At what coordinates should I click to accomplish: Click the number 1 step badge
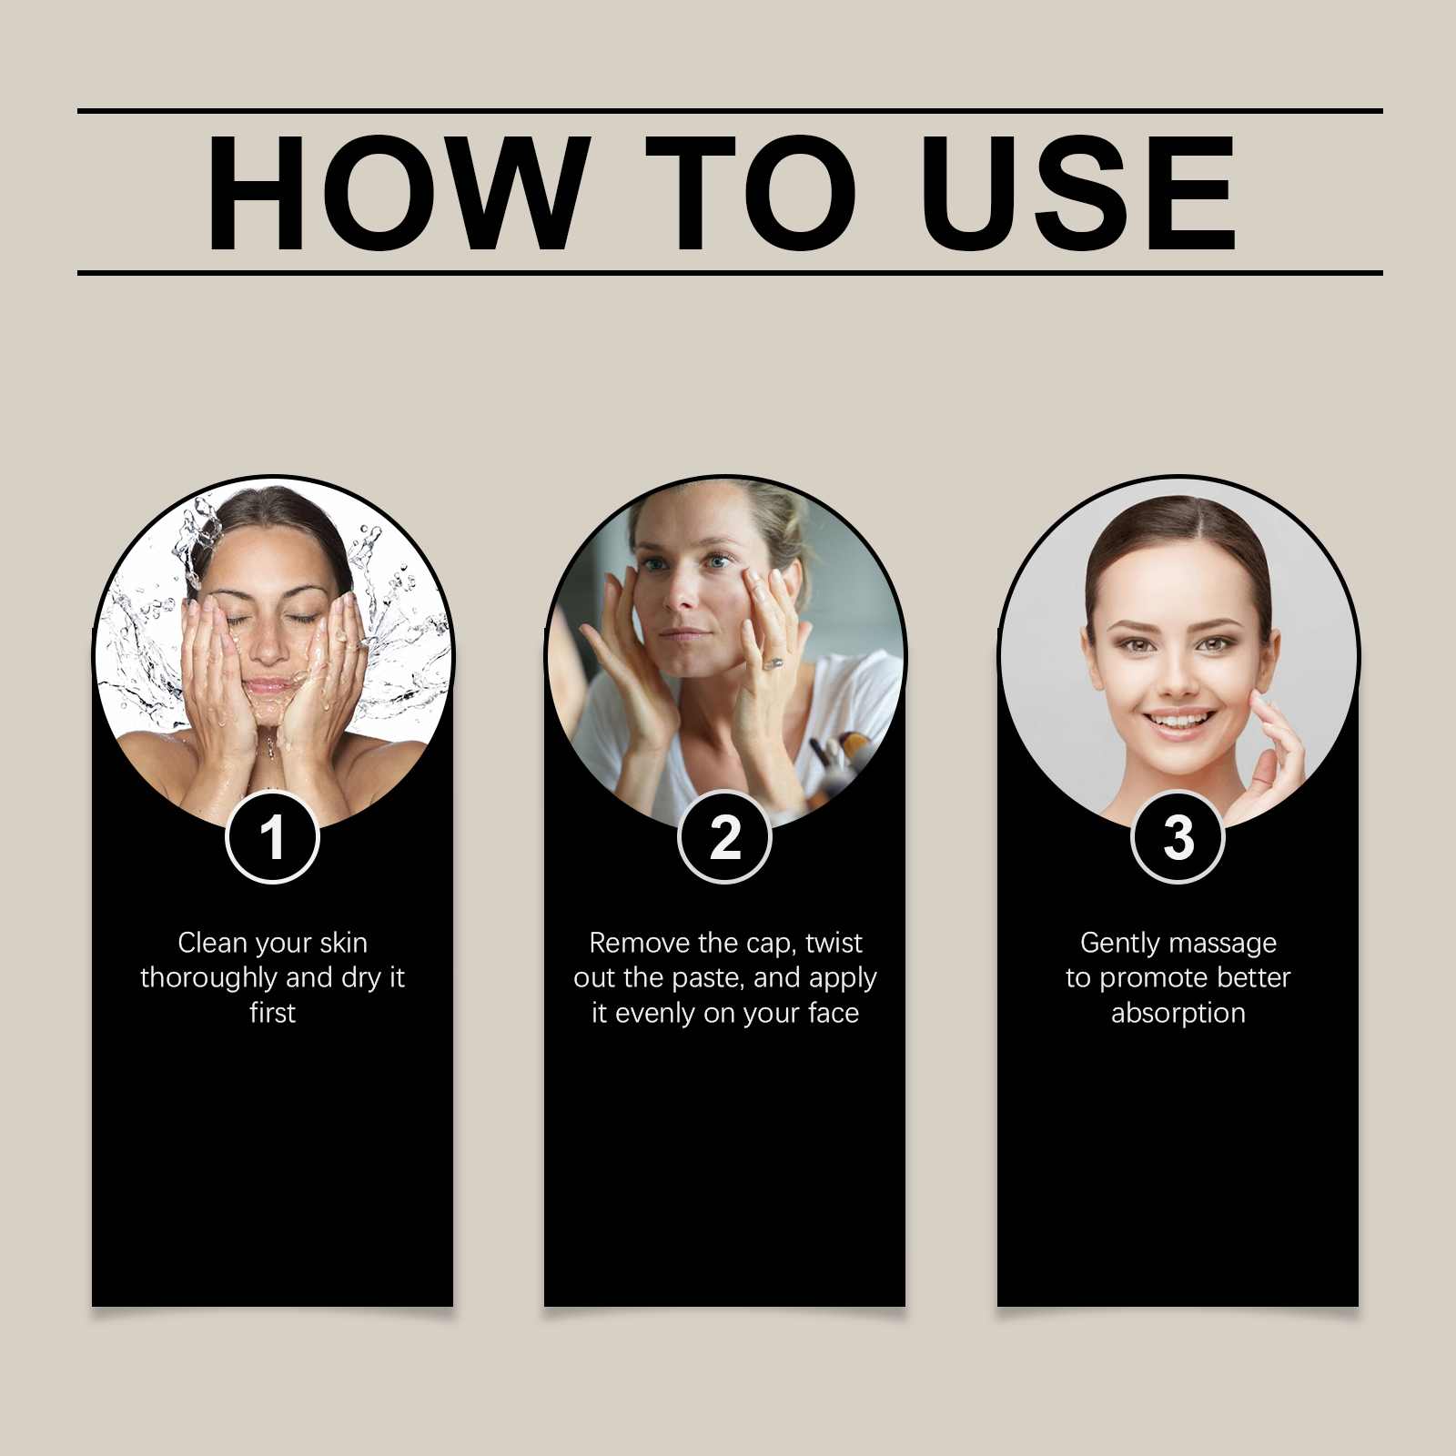pos(272,837)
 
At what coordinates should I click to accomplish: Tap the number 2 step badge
pos(724,837)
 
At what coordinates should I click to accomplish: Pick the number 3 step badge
pos(1178,837)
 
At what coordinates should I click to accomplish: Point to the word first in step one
pos(272,1012)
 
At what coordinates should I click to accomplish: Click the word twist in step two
pos(834,943)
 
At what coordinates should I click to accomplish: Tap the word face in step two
pos(833,1013)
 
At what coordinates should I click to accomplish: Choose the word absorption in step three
pos(1178,1014)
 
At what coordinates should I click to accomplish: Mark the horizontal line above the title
pos(730,111)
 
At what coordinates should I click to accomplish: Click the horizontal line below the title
pos(730,272)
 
